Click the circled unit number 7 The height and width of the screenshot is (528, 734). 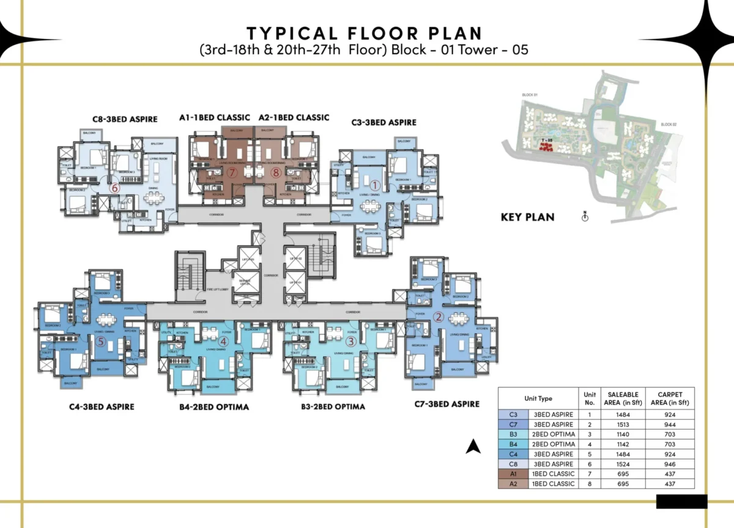pos(232,173)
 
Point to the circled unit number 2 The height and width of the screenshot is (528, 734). pos(439,317)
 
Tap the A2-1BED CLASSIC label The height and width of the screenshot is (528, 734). pos(294,117)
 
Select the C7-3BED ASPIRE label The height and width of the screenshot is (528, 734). pos(447,404)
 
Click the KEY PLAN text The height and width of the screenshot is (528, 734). pos(527,217)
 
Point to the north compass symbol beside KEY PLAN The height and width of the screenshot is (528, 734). pos(585,217)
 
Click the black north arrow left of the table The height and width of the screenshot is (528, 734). pos(473,447)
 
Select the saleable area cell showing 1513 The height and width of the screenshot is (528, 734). pos(623,424)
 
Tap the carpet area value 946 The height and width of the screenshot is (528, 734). pos(669,464)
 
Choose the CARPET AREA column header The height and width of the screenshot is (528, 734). pos(669,398)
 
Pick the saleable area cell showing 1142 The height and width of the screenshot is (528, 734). pos(623,444)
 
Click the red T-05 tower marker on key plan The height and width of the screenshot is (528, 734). pos(544,145)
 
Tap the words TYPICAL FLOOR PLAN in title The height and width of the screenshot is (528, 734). pos(364,33)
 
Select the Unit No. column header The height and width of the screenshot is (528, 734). pos(590,398)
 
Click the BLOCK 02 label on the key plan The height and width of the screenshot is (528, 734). pos(668,125)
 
